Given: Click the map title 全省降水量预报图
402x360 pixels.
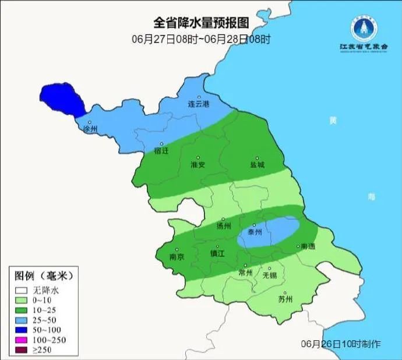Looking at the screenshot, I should pyautogui.click(x=201, y=23).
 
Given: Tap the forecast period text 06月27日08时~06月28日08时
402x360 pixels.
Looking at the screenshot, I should pyautogui.click(x=201, y=39).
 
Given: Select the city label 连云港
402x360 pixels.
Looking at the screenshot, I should pyautogui.click(x=198, y=104).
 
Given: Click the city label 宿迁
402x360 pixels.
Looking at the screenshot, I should pyautogui.click(x=161, y=151).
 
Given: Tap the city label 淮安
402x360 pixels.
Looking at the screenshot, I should pyautogui.click(x=198, y=165).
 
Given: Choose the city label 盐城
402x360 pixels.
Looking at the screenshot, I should pyautogui.click(x=257, y=165).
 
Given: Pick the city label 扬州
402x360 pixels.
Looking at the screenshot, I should pyautogui.click(x=224, y=226).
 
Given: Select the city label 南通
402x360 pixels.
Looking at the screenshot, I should pyautogui.click(x=307, y=247).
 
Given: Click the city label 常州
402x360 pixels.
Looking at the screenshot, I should pyautogui.click(x=246, y=273).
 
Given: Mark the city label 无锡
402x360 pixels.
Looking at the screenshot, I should pyautogui.click(x=270, y=275).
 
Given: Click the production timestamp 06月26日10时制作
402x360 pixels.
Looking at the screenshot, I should pyautogui.click(x=341, y=344).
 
